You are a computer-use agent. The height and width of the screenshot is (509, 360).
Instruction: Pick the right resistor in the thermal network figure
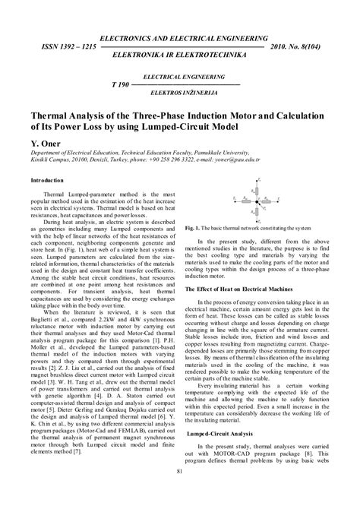(271, 201)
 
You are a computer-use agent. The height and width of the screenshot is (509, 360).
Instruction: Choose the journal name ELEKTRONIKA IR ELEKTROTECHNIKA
(179, 56)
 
